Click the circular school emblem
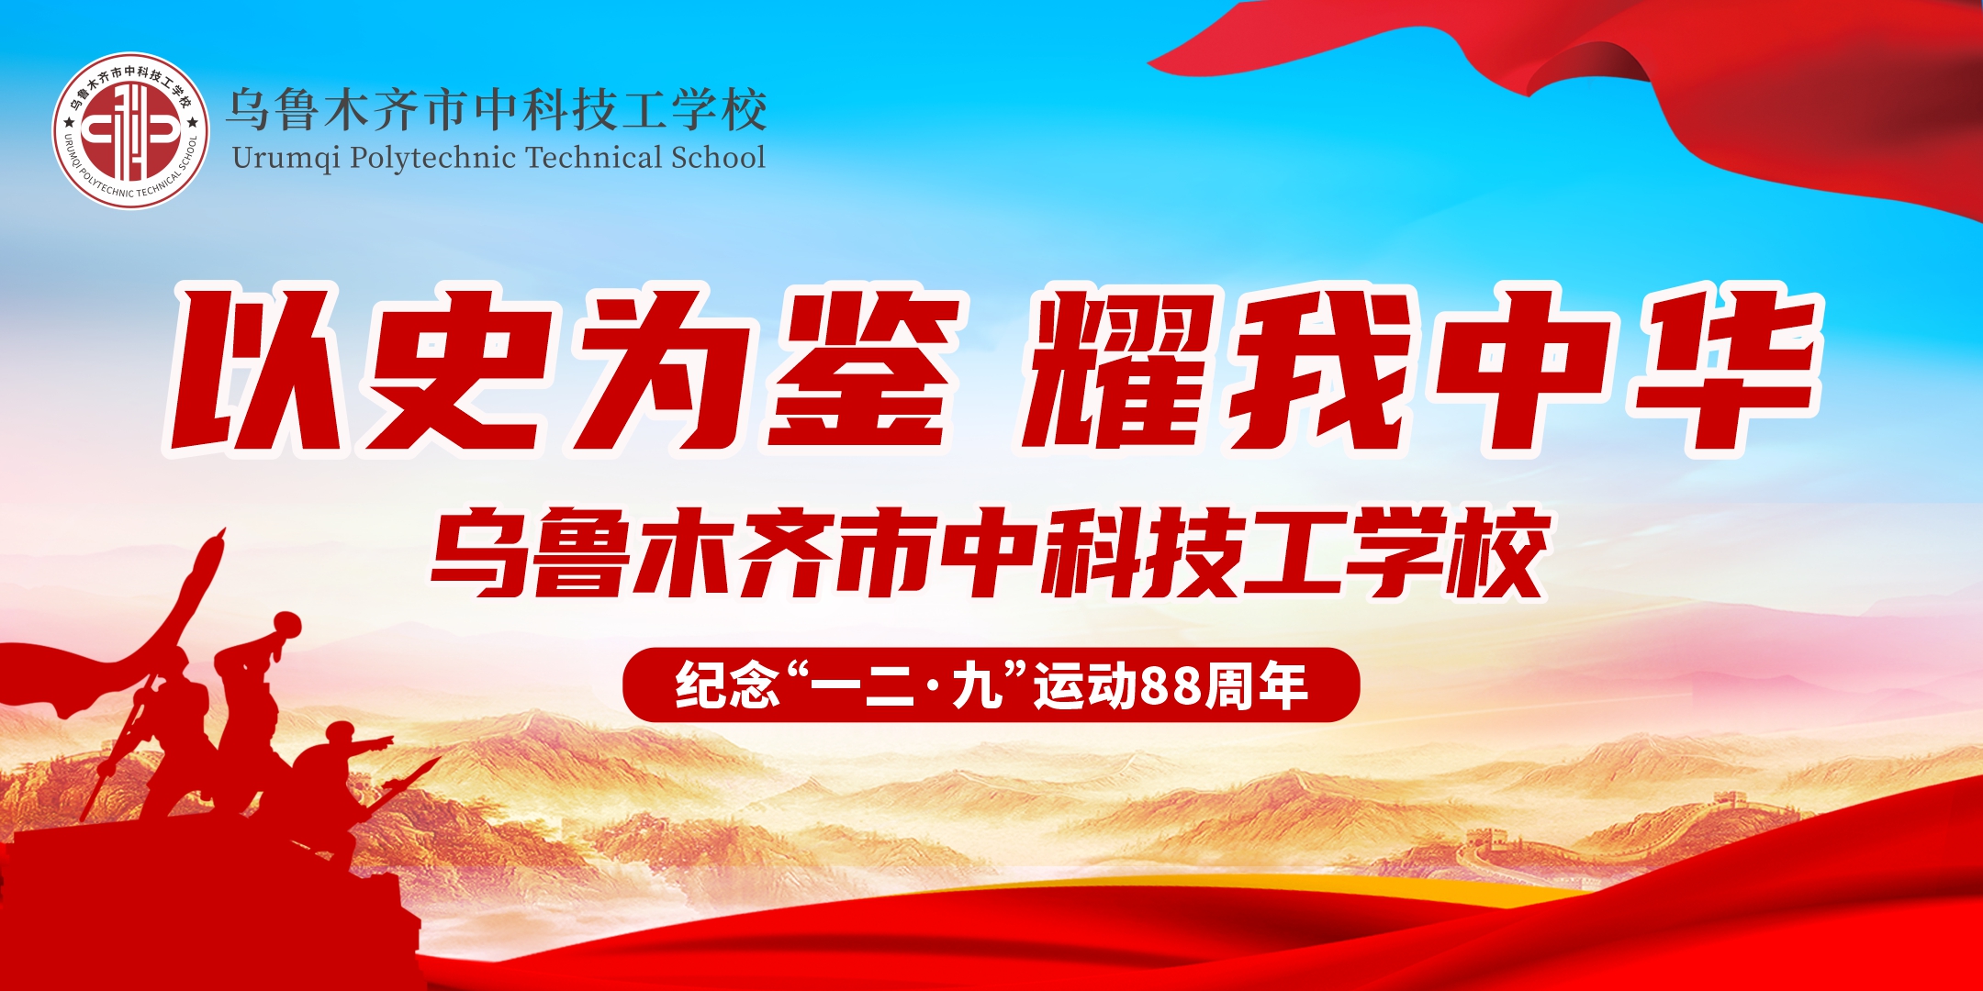click(x=130, y=130)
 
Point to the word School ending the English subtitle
click(x=718, y=158)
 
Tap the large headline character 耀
click(x=1116, y=372)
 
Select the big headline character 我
click(x=1318, y=372)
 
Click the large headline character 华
click(x=1726, y=372)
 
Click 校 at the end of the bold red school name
click(x=1496, y=552)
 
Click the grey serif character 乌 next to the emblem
click(x=248, y=110)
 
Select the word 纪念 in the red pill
click(x=726, y=685)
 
